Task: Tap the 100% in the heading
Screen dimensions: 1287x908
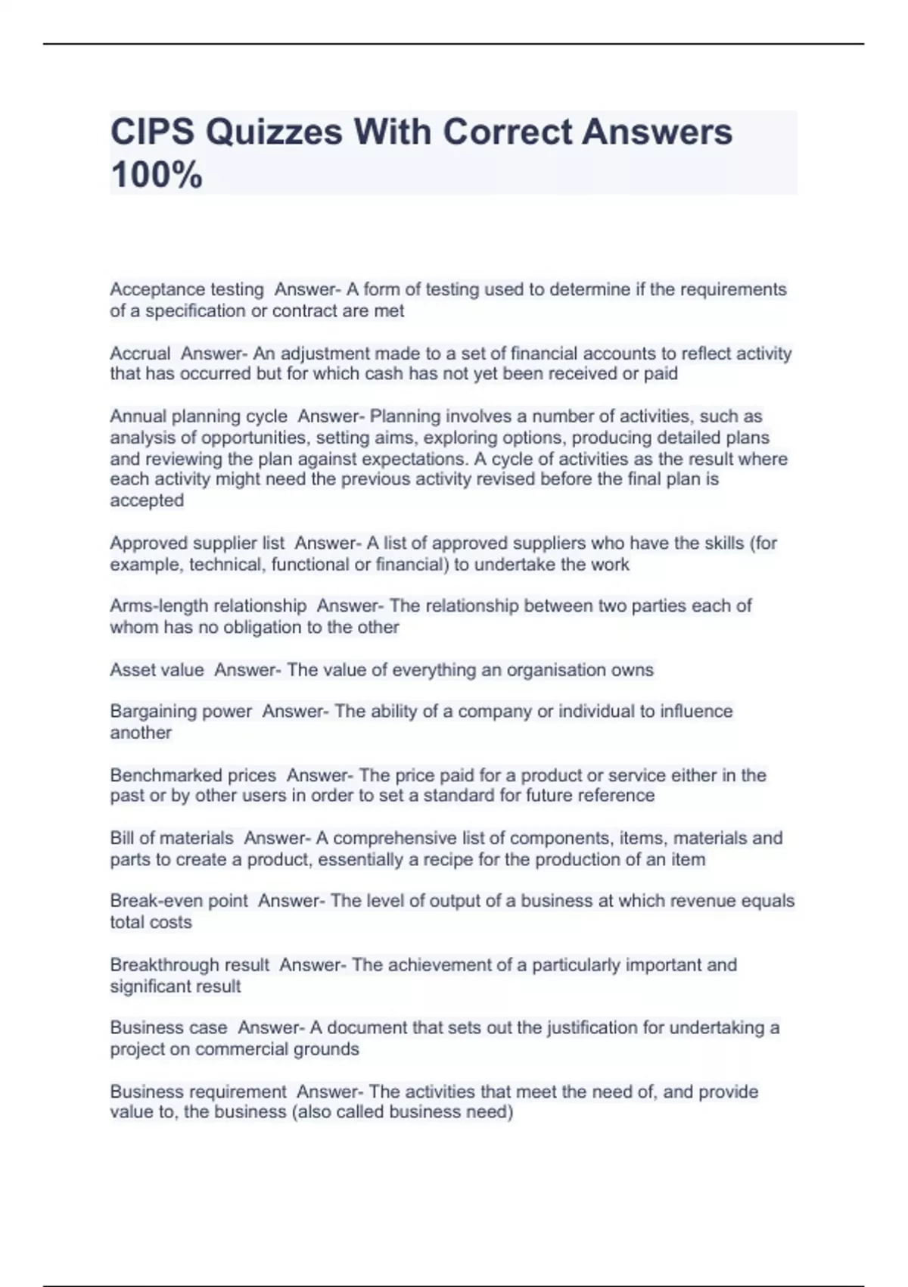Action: (157, 175)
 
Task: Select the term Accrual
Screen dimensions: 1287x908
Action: (140, 354)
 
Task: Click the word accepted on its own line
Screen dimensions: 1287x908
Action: (147, 500)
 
